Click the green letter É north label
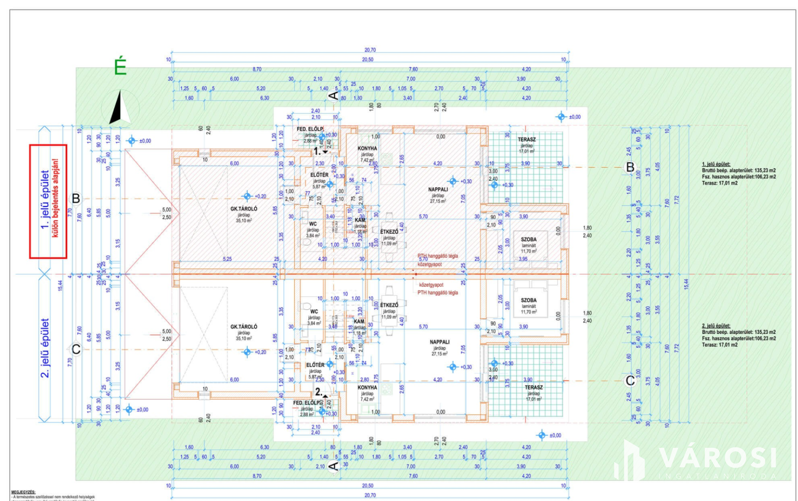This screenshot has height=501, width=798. click(x=121, y=67)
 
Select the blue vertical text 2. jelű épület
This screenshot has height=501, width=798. click(x=45, y=348)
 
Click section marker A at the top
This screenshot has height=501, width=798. click(x=333, y=95)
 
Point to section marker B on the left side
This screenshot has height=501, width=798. click(x=76, y=198)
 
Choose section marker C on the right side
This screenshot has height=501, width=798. click(x=630, y=380)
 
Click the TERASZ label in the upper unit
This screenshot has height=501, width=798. click(x=526, y=139)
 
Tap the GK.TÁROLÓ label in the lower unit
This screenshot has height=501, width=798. click(x=243, y=326)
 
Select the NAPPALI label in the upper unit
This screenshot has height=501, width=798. click(x=438, y=189)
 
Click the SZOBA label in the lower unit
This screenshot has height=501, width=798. click(x=528, y=300)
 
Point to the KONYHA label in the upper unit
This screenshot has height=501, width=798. click(x=367, y=148)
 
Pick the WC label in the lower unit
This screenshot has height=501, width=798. click(x=314, y=312)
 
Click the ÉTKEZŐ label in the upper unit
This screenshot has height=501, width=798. click(x=389, y=232)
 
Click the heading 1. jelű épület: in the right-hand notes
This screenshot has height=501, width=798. click(x=716, y=164)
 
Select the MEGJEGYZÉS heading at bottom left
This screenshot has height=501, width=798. click(x=23, y=492)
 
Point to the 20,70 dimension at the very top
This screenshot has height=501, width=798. click(x=370, y=50)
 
